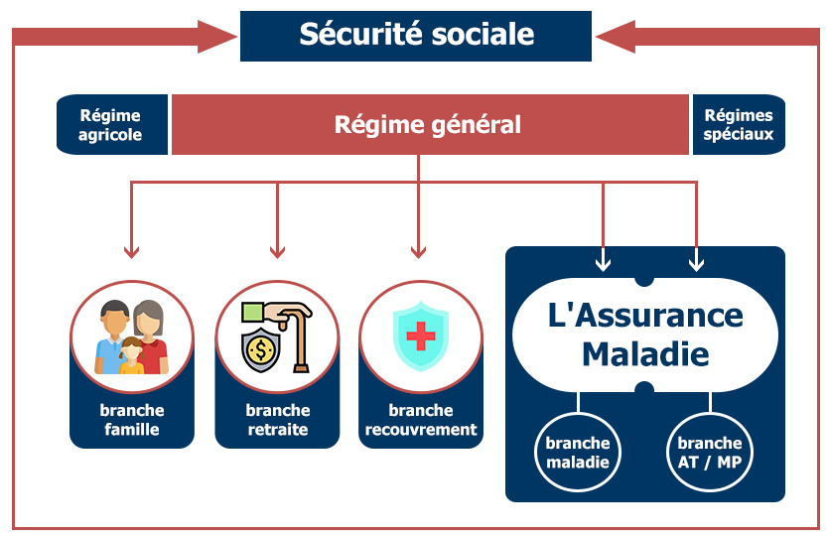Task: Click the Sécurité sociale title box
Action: [x=416, y=36]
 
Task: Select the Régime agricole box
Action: [x=111, y=125]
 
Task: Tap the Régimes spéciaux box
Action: [x=738, y=125]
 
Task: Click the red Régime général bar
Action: [x=428, y=125]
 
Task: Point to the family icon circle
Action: [x=132, y=336]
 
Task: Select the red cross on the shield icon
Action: [x=421, y=337]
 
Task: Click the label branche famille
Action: [x=132, y=420]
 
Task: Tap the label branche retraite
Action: [x=277, y=420]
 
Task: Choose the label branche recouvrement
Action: [x=421, y=420]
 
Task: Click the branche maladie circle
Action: [x=578, y=453]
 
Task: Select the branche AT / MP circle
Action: [x=709, y=453]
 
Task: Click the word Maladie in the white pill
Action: [x=645, y=352]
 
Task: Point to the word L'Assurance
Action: [x=645, y=315]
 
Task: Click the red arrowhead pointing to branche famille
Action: [x=132, y=251]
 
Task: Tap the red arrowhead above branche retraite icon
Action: [x=277, y=251]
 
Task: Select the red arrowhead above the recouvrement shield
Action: [x=418, y=251]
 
